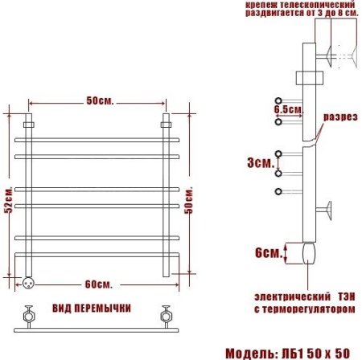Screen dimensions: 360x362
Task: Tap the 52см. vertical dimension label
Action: point(9,205)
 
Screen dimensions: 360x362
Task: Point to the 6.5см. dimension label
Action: point(287,108)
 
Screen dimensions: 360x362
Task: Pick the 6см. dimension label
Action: point(268,252)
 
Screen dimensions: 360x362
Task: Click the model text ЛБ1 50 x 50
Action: point(323,352)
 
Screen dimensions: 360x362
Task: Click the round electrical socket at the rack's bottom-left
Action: point(28,282)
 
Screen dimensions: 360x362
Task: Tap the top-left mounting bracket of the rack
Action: point(29,125)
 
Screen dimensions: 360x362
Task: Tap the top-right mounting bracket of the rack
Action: point(167,125)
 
